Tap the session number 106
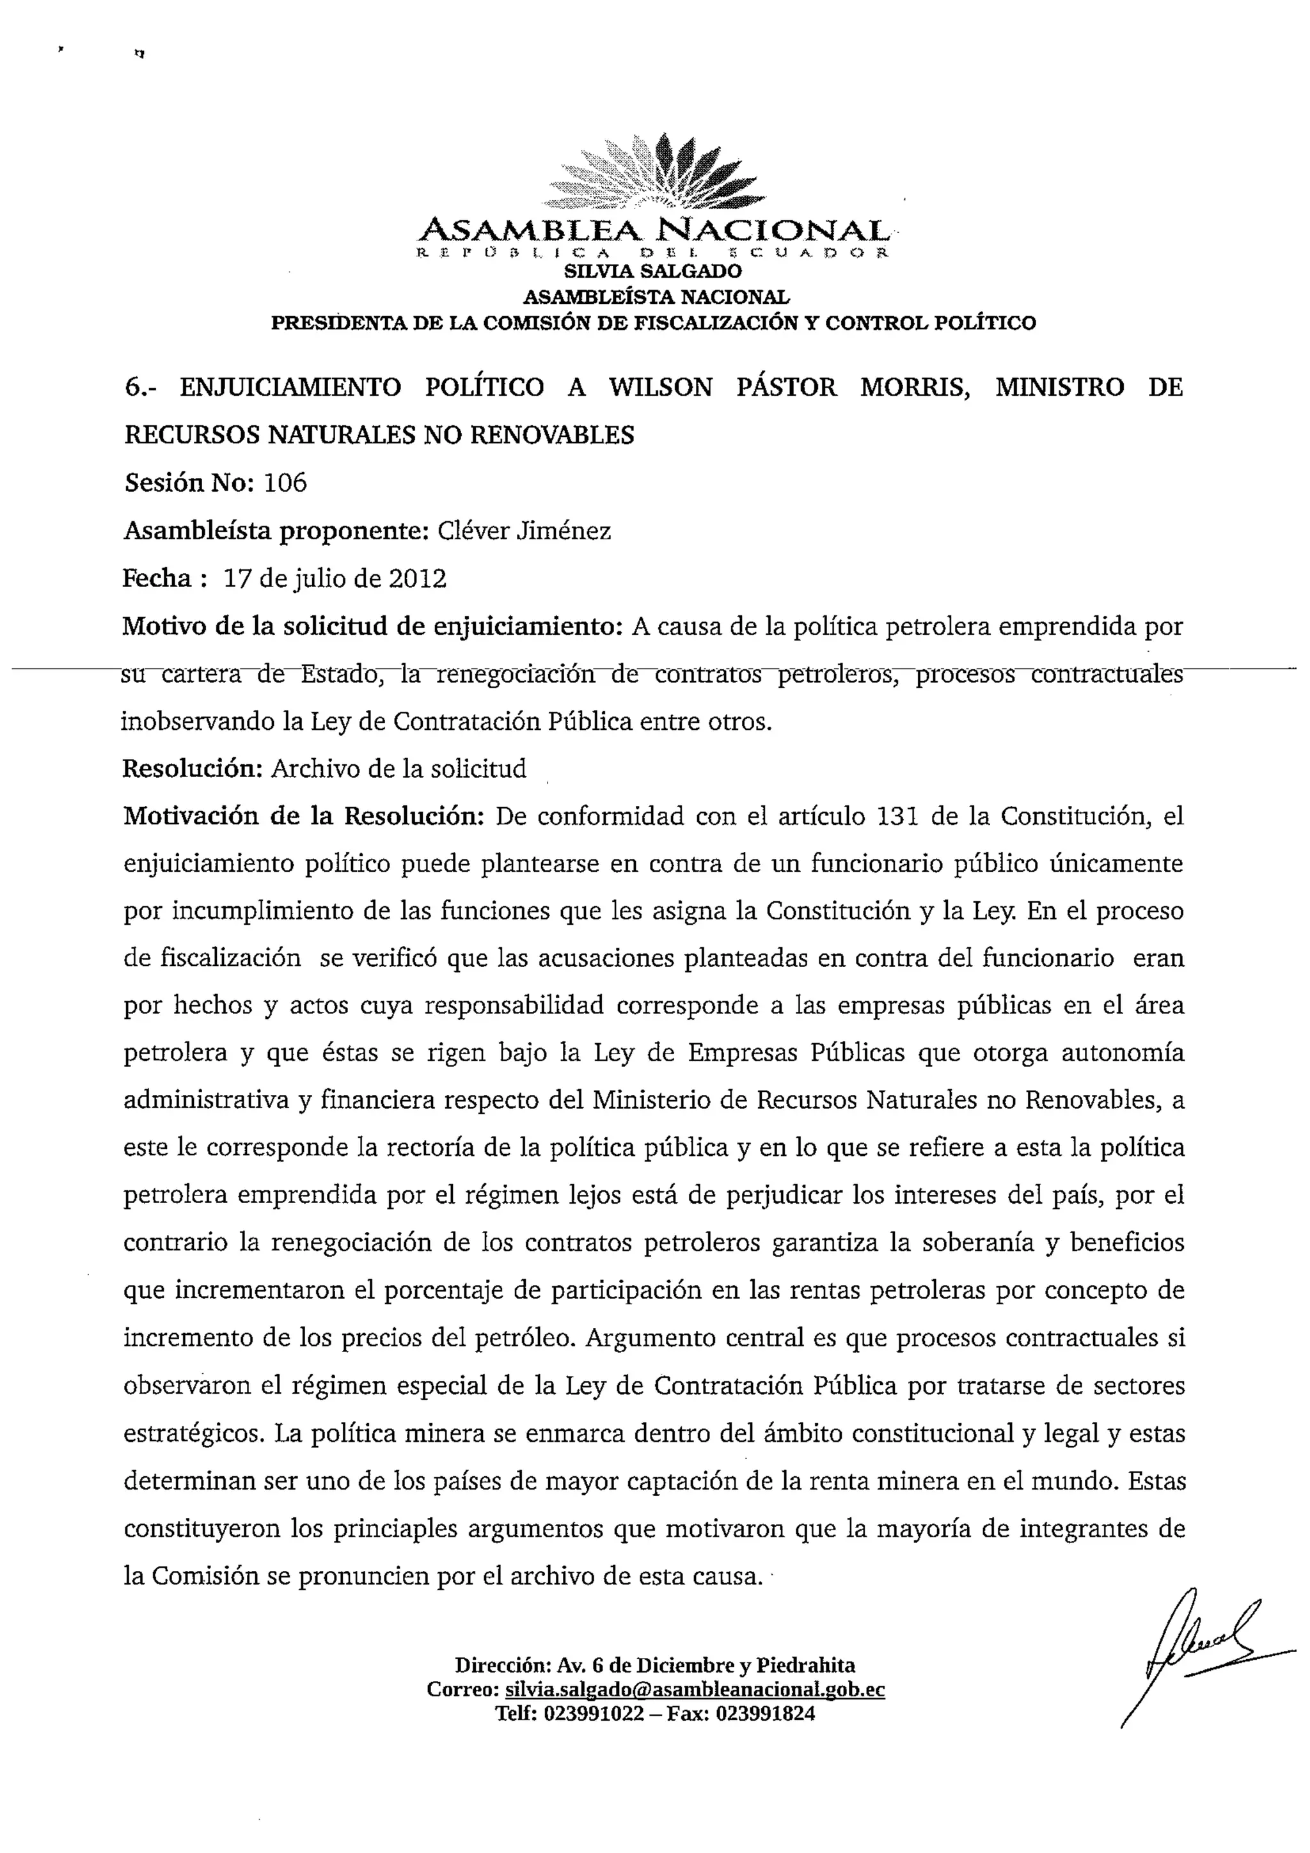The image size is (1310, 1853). pos(286,483)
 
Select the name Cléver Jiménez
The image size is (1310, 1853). pos(524,531)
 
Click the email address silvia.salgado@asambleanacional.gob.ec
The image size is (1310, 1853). pos(695,1690)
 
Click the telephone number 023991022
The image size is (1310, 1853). pos(595,1714)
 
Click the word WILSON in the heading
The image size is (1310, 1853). pos(660,388)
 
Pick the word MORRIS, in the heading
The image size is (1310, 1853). pos(915,388)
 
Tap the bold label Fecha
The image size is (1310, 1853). pos(157,579)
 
